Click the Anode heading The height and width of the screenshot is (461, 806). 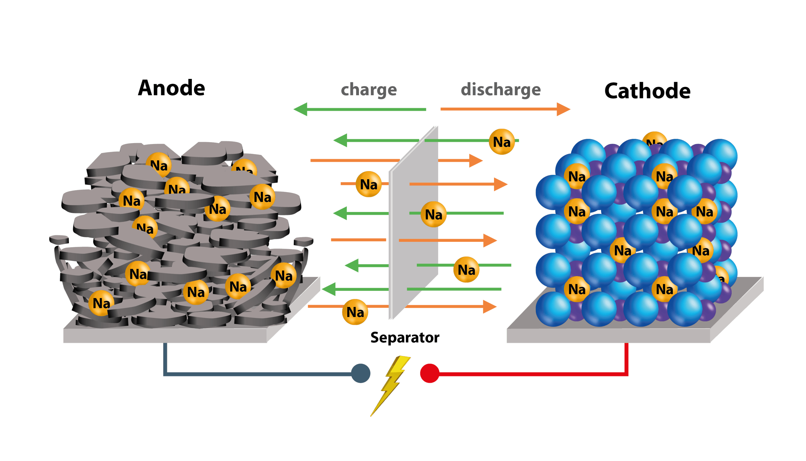(x=172, y=88)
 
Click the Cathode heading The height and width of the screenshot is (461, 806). (x=647, y=91)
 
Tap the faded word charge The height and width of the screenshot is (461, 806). (x=369, y=90)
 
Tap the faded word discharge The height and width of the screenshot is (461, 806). (x=501, y=90)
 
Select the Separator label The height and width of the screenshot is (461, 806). (x=405, y=337)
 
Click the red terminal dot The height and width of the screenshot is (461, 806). (x=429, y=373)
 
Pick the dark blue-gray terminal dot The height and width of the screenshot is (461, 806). (x=361, y=373)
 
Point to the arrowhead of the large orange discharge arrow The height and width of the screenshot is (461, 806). (x=563, y=109)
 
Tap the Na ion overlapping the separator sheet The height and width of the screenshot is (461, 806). (x=433, y=214)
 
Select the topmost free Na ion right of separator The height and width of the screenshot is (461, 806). (x=502, y=142)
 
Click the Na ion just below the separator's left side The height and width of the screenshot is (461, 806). (x=355, y=312)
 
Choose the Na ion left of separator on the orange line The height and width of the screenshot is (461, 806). (x=368, y=184)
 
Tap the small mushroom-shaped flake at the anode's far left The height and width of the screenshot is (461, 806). (x=59, y=240)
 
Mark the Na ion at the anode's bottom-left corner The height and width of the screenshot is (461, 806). (x=101, y=303)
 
